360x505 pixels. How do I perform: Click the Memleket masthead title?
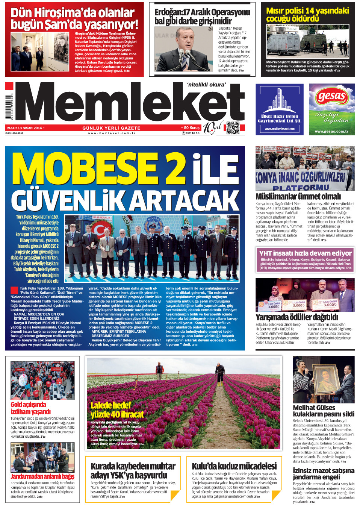coord(130,103)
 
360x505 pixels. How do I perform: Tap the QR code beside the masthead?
coord(233,128)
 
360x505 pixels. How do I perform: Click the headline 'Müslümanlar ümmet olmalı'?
coord(298,196)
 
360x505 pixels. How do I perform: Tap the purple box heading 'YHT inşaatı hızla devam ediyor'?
coord(305,253)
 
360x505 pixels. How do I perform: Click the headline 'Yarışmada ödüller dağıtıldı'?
coord(296,317)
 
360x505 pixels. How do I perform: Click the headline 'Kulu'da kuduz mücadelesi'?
coord(234,466)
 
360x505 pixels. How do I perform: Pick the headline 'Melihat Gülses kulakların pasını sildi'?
coord(323,411)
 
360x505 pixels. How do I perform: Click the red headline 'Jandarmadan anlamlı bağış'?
coord(42,476)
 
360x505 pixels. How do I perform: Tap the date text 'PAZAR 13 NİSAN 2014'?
coord(24,128)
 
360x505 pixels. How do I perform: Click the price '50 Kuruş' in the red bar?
coord(192,128)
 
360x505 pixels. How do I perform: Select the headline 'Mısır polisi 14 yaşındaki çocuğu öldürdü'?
coord(307,15)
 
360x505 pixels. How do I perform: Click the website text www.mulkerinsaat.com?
coord(279,129)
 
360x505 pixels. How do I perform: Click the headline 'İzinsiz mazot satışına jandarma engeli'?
coord(323,473)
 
